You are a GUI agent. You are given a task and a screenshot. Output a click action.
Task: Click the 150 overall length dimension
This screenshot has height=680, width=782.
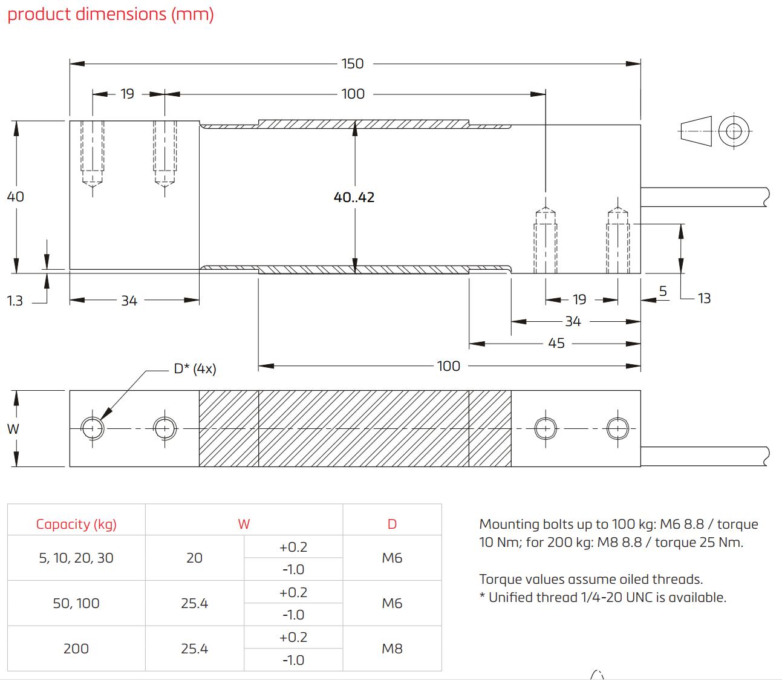pos(353,64)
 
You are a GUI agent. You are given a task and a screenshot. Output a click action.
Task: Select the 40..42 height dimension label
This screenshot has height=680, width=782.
pos(354,197)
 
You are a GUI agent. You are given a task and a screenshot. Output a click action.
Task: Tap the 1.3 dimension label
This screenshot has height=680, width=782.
pos(15,301)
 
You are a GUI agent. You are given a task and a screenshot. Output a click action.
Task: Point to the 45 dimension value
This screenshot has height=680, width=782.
pos(556,343)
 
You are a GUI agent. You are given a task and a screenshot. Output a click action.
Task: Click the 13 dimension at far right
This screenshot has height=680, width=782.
pos(704,298)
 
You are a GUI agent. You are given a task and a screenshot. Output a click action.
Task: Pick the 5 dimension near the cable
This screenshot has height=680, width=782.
pos(663,291)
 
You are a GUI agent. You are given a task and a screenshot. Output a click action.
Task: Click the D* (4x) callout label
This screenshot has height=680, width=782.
pos(195,368)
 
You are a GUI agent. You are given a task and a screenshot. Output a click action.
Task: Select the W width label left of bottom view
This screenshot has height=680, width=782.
pos(13,429)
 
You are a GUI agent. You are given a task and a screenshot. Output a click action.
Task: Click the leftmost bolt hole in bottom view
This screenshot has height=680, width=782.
pos(92,428)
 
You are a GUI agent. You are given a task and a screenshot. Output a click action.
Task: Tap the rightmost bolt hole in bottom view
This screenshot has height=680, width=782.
pos(616,428)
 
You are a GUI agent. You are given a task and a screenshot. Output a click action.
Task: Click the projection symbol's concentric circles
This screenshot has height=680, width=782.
pos(734,131)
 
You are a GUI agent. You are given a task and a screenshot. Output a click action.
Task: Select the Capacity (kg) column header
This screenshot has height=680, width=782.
pos(76,524)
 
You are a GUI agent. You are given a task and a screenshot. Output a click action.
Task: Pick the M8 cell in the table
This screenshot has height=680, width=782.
pos(392,649)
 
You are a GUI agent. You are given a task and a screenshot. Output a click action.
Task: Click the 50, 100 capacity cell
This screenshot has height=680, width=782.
pos(76,603)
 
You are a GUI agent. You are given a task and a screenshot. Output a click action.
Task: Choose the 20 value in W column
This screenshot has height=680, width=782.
pos(194,558)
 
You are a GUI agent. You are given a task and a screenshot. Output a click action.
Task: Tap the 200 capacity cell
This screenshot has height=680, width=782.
pos(76,649)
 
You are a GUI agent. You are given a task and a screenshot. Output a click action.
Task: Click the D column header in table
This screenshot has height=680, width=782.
pos(392,524)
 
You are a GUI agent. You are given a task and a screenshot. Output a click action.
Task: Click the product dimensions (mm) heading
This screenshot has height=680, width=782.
pos(111,14)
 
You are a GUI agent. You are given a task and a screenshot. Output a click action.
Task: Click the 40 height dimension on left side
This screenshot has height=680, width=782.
pos(15,197)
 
